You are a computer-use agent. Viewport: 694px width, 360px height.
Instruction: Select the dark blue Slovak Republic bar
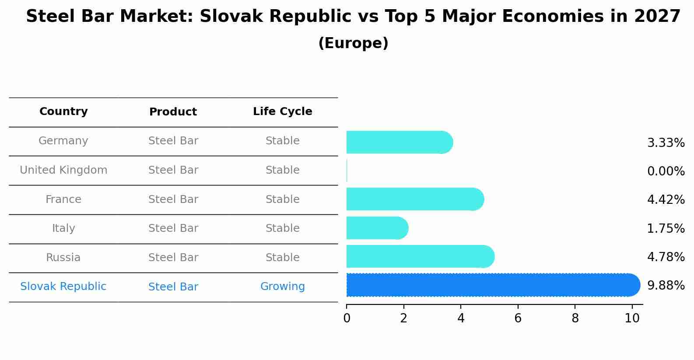[x=492, y=285]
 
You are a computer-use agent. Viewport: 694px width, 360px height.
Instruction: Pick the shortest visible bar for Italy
[x=377, y=228]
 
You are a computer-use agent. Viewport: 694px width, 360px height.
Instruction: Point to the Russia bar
[x=420, y=257]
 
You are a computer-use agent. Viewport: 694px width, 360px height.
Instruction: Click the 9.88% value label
[x=666, y=286]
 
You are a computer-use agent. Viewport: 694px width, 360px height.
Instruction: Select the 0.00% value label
[x=666, y=171]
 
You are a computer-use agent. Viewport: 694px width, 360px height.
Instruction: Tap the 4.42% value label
[x=666, y=200]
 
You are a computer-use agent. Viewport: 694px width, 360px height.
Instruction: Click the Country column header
[x=63, y=112]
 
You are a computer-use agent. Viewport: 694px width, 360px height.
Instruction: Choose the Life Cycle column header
[x=282, y=112]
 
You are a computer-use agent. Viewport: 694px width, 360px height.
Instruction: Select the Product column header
[x=173, y=112]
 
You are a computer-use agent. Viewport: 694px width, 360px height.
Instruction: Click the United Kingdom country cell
[x=63, y=170]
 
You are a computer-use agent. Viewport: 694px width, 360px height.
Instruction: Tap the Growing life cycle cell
[x=282, y=287]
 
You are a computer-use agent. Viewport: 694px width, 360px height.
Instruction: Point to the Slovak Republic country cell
[x=63, y=287]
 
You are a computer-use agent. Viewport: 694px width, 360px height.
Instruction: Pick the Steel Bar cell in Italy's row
[x=173, y=228]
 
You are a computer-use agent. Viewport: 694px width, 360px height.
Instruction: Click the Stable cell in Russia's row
[x=282, y=258]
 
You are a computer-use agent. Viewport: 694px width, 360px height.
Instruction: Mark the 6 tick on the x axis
[x=518, y=318]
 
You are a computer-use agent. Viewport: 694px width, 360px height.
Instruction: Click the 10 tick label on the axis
[x=632, y=318]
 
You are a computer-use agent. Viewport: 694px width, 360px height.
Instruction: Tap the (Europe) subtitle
[x=353, y=43]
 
